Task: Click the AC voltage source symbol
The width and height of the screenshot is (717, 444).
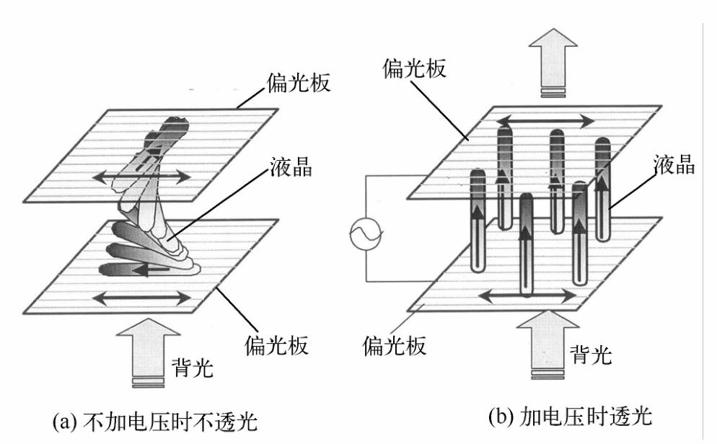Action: tap(361, 235)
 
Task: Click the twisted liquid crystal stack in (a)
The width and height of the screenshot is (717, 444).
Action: tap(155, 209)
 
